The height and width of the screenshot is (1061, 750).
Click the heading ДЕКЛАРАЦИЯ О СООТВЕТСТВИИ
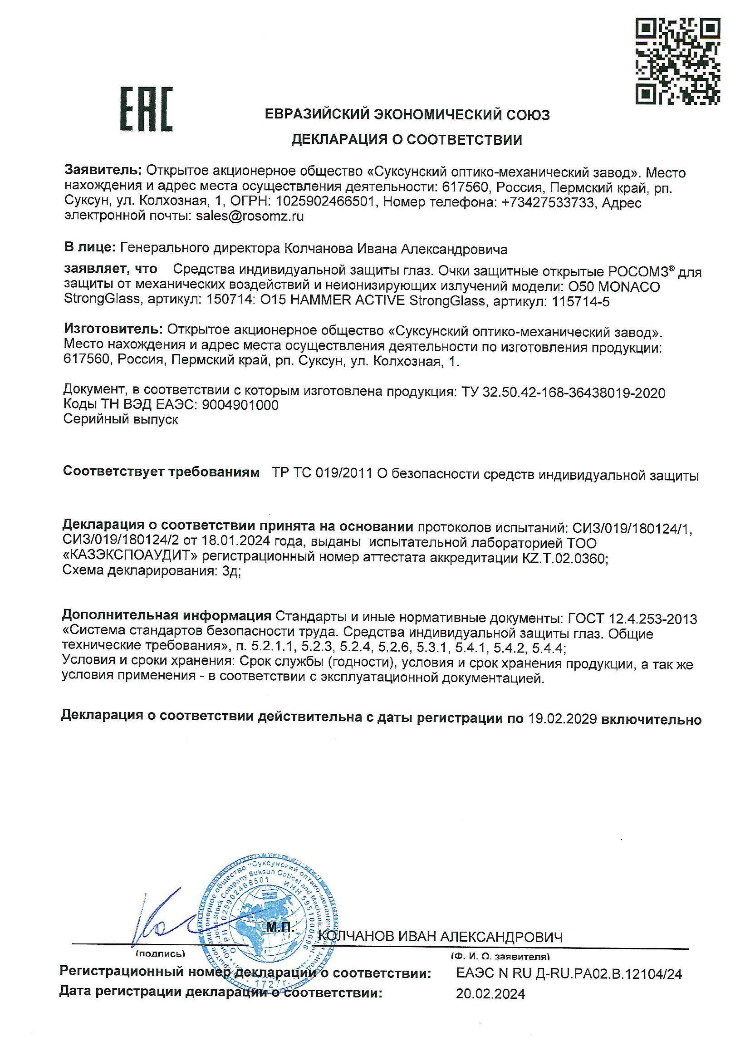(406, 140)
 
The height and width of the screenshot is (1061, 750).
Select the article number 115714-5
(578, 302)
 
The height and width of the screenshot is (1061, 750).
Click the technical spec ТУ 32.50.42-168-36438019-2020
(564, 393)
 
